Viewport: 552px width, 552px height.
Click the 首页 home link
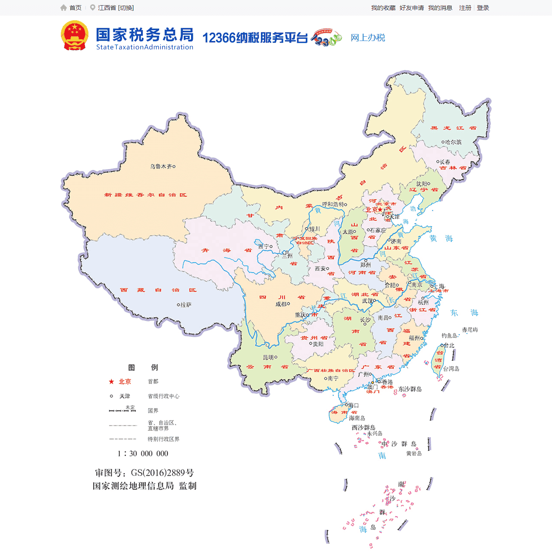tap(75, 8)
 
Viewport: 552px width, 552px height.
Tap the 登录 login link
tap(483, 8)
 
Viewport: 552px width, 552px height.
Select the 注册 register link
tap(465, 8)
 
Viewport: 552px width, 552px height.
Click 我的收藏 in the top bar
tap(383, 8)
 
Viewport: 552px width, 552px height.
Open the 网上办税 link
tap(367, 38)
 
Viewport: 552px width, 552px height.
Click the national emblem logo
tap(75, 36)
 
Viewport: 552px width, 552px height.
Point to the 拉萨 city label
tap(185, 305)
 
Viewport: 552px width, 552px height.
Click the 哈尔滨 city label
tap(453, 142)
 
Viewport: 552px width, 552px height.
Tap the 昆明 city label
tap(268, 358)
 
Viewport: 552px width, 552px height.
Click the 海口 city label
tap(354, 405)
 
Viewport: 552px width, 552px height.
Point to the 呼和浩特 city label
tap(333, 204)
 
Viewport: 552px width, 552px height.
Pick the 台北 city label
tap(449, 345)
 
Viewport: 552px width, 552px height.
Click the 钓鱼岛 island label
tap(449, 336)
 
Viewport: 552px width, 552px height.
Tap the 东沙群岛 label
tap(410, 389)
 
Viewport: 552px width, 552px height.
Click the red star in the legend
tap(111, 382)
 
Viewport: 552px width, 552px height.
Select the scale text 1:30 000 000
tap(143, 454)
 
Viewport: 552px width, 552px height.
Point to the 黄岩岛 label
tap(414, 454)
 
